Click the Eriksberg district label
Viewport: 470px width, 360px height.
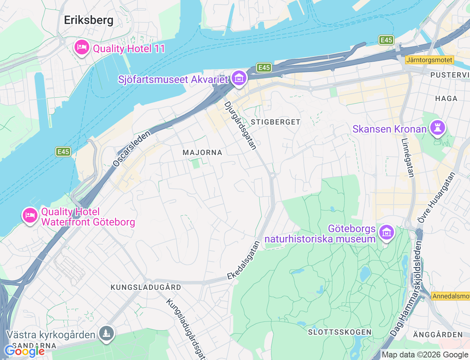coord(88,20)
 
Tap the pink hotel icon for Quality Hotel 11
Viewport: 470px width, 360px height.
coord(82,47)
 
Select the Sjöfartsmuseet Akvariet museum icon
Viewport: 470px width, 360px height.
coord(239,78)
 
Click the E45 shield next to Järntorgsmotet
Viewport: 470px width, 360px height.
coord(386,40)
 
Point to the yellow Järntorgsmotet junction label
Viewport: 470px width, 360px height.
coord(429,60)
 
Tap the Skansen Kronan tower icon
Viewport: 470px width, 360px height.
coord(437,128)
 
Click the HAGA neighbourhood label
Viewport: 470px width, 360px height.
coord(446,98)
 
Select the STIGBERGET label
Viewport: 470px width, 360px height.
coord(275,122)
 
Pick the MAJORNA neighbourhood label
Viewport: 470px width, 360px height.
coord(202,152)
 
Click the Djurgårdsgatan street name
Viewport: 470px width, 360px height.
coord(241,126)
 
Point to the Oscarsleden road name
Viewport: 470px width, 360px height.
coord(131,149)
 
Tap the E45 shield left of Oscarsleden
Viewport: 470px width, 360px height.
coord(63,152)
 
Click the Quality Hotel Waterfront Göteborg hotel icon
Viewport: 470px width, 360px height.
coord(30,215)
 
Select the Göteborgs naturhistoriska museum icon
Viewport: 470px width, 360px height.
coord(386,233)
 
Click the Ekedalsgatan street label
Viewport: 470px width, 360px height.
coord(243,260)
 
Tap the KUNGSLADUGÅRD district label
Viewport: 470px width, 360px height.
coord(146,287)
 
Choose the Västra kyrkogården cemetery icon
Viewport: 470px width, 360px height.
coord(106,334)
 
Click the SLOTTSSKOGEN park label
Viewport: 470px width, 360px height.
coord(340,332)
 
